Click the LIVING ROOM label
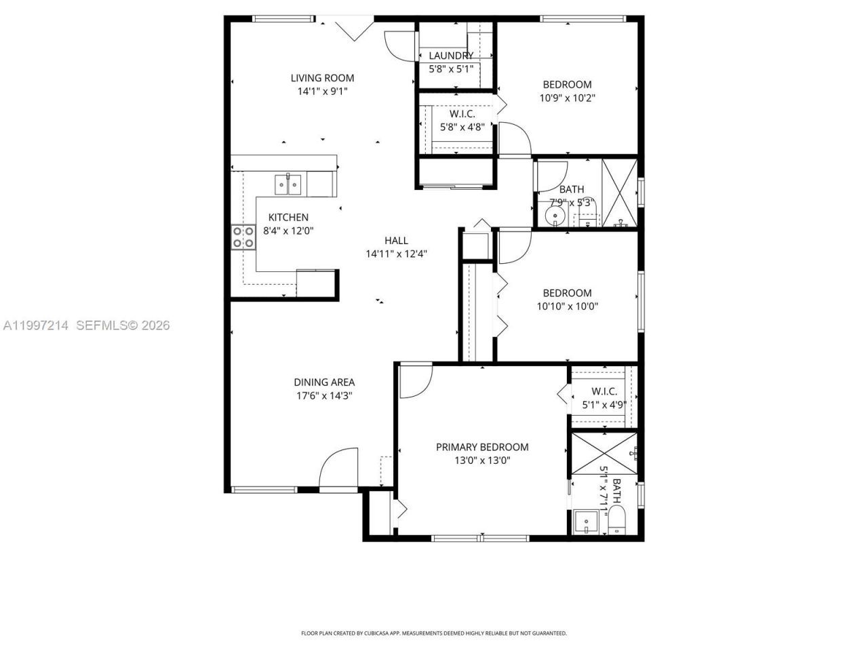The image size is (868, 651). point(323,78)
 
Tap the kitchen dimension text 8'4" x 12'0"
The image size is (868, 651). point(288,231)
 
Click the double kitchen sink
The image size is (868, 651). point(288,184)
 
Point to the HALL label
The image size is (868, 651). point(396,240)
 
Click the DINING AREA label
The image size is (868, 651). point(323,382)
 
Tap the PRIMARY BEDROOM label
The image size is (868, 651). point(481,447)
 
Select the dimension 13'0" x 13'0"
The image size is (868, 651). point(481,460)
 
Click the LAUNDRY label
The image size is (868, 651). point(451,56)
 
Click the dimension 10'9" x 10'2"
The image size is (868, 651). point(567,98)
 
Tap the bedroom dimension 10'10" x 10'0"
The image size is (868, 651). point(567,306)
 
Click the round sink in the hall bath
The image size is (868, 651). point(555,217)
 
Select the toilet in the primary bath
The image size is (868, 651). point(616,523)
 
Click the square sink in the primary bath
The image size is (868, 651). point(585,523)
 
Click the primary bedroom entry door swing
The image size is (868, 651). point(415,381)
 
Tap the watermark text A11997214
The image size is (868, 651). point(36,325)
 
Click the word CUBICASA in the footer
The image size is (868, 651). point(371,633)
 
